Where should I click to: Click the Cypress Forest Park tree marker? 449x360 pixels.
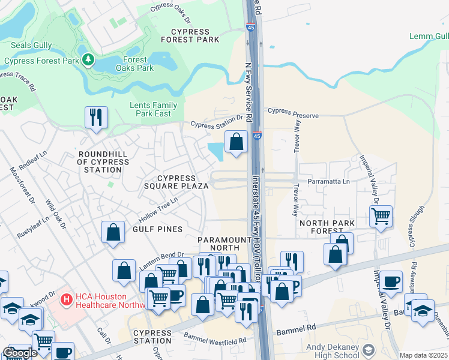(x=88, y=59)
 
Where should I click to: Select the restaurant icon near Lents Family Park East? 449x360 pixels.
(x=96, y=118)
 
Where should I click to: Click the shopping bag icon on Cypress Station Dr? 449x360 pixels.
(x=237, y=142)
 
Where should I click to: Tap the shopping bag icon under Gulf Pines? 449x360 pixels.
(x=113, y=232)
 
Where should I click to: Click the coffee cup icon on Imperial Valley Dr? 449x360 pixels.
(x=391, y=281)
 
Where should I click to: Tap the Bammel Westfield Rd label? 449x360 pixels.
(x=215, y=340)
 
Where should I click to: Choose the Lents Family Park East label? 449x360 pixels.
(x=154, y=109)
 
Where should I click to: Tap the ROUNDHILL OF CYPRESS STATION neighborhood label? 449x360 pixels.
(x=103, y=162)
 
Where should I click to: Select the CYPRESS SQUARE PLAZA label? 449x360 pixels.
(x=176, y=182)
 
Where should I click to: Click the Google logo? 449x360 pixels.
(x=20, y=353)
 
